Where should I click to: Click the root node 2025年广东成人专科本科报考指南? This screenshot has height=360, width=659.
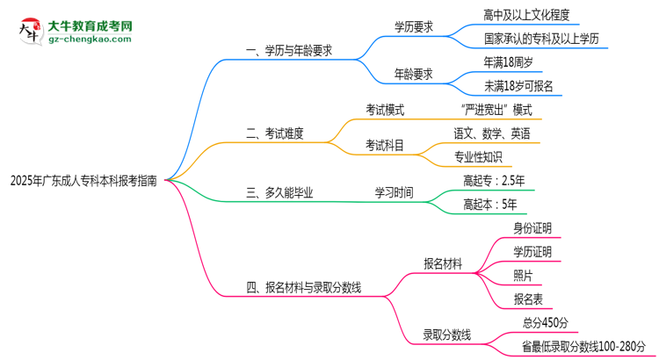tap(84, 182)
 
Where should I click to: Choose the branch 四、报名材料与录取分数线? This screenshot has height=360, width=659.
tap(304, 286)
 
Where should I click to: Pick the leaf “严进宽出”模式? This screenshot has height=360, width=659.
tap(496, 110)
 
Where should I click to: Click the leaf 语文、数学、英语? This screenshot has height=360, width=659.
tap(491, 133)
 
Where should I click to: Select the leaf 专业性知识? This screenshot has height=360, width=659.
tap(478, 157)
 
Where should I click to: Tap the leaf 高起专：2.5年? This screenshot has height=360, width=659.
tap(494, 181)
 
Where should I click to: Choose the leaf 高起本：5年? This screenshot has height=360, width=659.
tap(489, 205)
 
